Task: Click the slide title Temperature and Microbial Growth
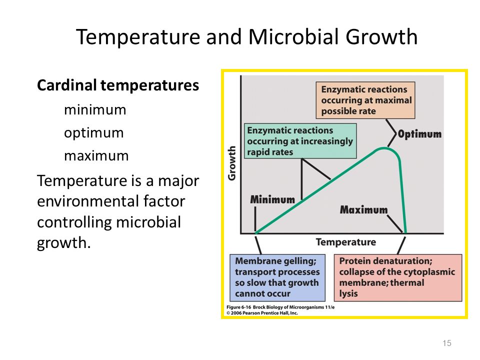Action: click(246, 37)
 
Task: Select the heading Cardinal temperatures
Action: click(118, 85)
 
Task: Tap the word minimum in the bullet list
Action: click(95, 109)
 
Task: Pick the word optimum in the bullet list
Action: click(94, 133)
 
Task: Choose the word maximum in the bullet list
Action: click(96, 156)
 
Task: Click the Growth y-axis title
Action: click(232, 163)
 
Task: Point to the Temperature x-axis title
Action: click(346, 242)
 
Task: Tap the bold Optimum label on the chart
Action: click(419, 134)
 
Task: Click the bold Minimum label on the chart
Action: click(272, 199)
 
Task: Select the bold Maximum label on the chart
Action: click(363, 209)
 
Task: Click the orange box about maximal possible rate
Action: click(365, 100)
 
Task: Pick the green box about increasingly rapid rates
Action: click(300, 141)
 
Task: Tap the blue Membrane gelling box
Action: click(277, 277)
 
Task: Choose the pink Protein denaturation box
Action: click(398, 277)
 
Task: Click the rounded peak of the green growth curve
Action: click(384, 149)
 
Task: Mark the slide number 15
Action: click(447, 343)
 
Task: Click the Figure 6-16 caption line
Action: click(280, 307)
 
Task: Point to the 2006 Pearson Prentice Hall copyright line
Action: click(262, 313)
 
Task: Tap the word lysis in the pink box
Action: click(348, 293)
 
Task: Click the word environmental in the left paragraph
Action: click(111, 201)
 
